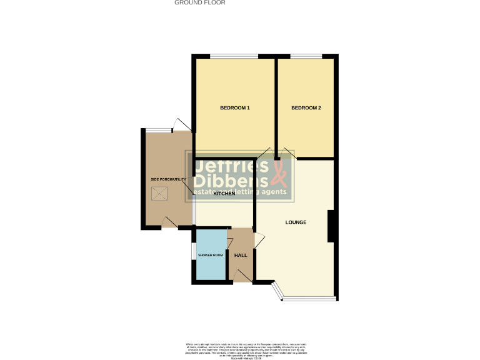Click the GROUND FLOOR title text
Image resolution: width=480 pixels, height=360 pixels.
200,2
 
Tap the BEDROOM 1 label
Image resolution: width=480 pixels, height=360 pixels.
235,108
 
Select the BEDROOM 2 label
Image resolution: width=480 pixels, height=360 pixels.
306,108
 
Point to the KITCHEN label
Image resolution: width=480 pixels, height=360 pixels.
224,194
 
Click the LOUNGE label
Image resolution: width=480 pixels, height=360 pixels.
296,222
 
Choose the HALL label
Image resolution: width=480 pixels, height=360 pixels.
241,255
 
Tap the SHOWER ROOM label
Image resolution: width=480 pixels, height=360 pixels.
211,255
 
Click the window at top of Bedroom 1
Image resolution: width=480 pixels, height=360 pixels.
234,56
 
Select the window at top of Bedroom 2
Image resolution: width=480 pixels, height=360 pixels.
306,56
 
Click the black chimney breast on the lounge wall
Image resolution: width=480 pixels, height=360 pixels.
332,226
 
